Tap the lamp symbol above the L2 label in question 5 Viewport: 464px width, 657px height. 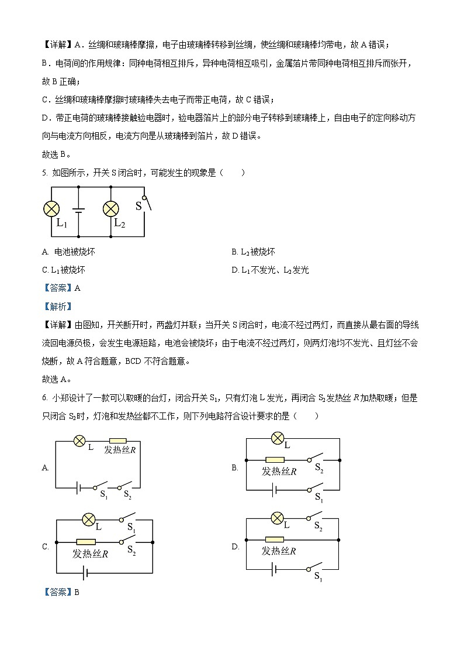(111, 209)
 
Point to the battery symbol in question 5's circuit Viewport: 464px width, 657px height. (78, 209)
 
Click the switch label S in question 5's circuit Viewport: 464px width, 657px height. (138, 206)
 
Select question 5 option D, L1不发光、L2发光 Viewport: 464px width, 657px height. (269, 270)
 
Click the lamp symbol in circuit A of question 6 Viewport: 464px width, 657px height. (79, 441)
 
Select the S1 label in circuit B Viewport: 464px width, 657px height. (318, 497)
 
